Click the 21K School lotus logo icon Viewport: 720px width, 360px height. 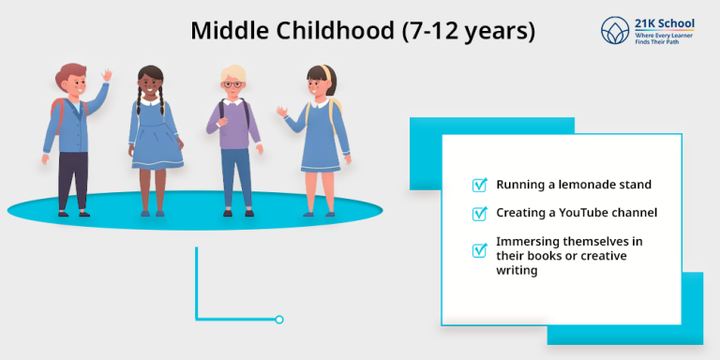[x=616, y=30]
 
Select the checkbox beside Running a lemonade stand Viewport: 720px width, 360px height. [x=479, y=185]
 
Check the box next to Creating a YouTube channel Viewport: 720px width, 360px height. [x=479, y=213]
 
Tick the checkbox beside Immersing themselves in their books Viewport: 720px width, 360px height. [x=479, y=249]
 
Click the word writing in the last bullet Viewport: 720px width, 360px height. [x=517, y=270]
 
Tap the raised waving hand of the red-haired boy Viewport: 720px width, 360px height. [x=107, y=75]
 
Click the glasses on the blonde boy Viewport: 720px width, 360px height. [x=233, y=85]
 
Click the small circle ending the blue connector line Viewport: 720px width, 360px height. [x=279, y=320]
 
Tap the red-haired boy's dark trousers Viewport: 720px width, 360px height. [x=73, y=178]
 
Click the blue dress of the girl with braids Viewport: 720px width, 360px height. [x=155, y=141]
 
